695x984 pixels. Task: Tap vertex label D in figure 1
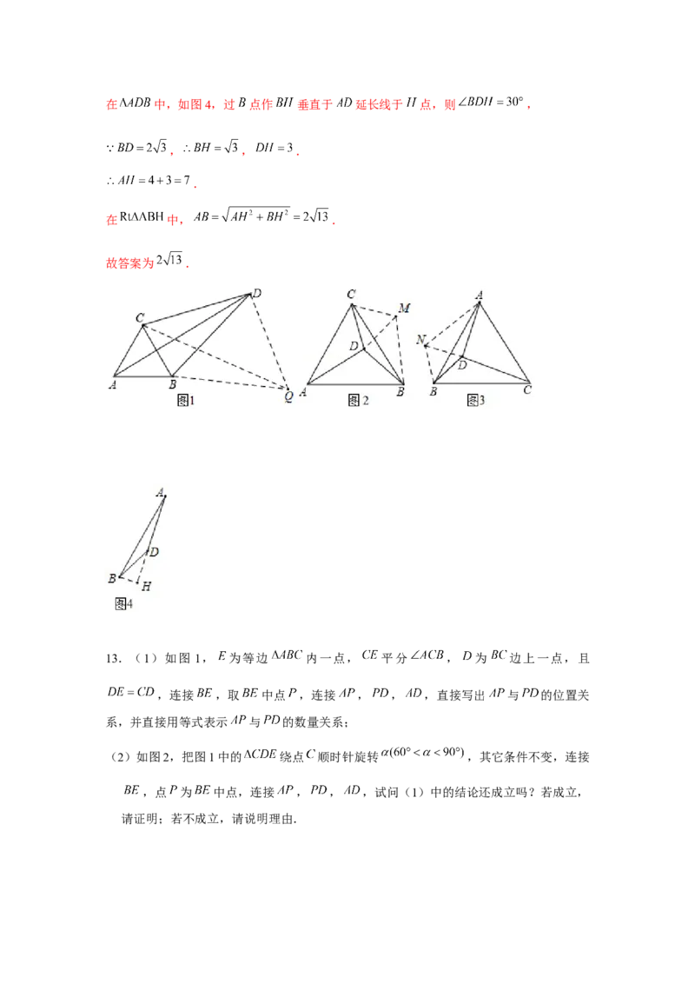click(x=256, y=294)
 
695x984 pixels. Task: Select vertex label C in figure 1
click(x=139, y=318)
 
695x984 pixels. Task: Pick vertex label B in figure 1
click(x=172, y=384)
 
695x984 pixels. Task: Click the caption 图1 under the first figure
click(x=185, y=400)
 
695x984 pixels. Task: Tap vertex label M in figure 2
click(x=404, y=308)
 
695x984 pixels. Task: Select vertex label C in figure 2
click(x=351, y=295)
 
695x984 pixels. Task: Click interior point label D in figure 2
click(x=354, y=346)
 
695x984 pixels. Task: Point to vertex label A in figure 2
click(x=303, y=392)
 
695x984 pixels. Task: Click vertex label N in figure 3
click(x=420, y=340)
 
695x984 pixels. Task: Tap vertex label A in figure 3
click(x=479, y=295)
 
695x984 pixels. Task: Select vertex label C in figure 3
click(x=527, y=390)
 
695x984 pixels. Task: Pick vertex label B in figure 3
click(x=432, y=392)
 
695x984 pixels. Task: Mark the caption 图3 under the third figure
click(x=475, y=400)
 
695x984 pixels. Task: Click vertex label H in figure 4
click(x=146, y=586)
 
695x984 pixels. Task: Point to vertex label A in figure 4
click(x=160, y=492)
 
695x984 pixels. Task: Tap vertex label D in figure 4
click(x=154, y=552)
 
